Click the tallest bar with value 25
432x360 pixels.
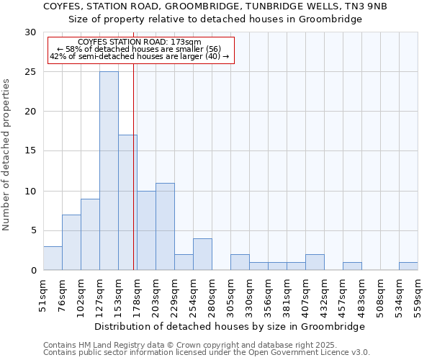[109, 171]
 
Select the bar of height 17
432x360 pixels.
[127, 202]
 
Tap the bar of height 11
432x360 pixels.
[165, 226]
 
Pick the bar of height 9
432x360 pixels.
[90, 234]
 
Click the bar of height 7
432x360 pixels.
[71, 242]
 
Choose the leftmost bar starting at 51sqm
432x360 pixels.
[53, 258]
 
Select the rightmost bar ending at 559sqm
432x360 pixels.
[408, 266]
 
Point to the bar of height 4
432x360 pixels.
[202, 254]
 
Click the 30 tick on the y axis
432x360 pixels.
[30, 32]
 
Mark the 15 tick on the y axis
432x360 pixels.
[30, 151]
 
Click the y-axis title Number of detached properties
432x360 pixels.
[7, 154]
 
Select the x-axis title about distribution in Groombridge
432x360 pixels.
[230, 326]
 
